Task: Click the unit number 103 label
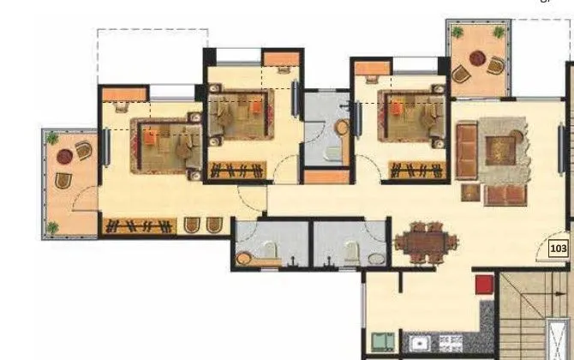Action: point(559,249)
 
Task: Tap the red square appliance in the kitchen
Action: point(485,284)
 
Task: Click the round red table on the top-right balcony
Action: point(477,63)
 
